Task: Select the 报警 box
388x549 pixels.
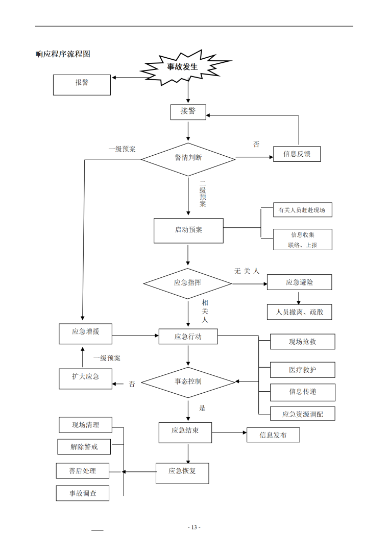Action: (x=82, y=85)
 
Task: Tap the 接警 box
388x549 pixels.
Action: (x=188, y=112)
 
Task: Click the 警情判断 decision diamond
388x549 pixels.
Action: (x=188, y=159)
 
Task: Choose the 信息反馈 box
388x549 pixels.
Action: (x=297, y=154)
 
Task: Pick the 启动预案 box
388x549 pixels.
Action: (x=188, y=230)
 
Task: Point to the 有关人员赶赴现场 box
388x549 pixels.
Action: (x=302, y=210)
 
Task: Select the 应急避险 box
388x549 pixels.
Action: (x=299, y=282)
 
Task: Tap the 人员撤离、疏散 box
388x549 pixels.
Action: (x=299, y=312)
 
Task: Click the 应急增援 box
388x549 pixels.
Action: (x=85, y=332)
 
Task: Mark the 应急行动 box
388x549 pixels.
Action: (x=188, y=337)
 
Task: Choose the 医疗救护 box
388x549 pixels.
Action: (x=303, y=370)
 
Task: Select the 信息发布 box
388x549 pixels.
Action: (x=273, y=435)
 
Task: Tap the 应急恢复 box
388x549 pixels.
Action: (x=182, y=472)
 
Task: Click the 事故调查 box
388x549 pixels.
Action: (x=83, y=493)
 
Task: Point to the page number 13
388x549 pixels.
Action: (x=194, y=527)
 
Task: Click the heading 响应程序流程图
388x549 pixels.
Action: (x=63, y=54)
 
